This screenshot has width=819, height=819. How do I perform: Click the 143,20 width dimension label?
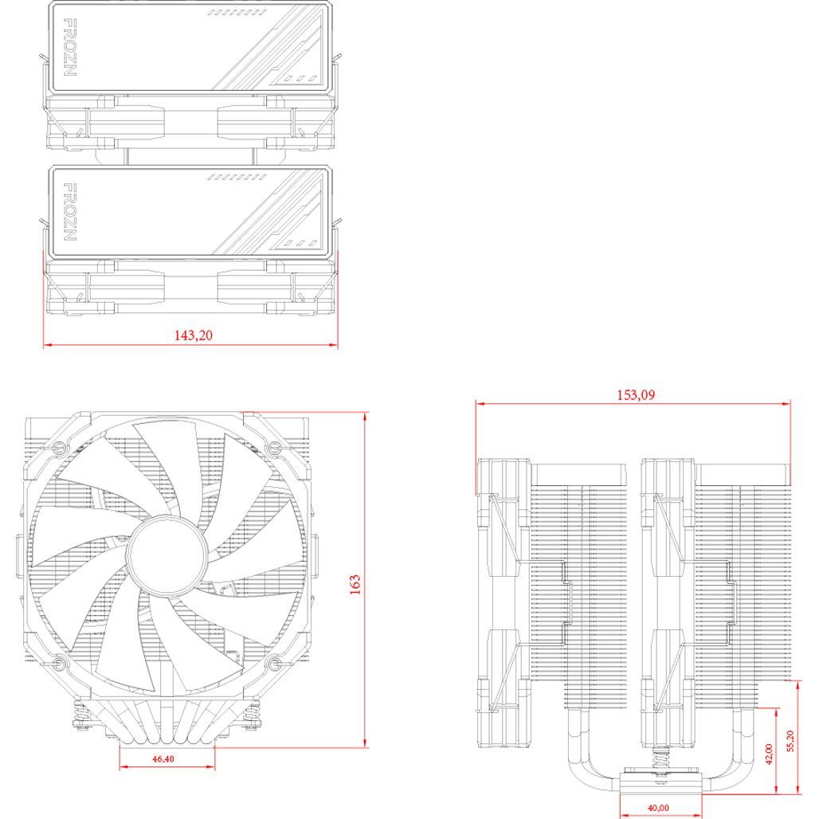point(194,335)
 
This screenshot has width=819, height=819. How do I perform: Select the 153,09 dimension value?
point(636,394)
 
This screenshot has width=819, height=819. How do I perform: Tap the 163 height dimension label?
point(355,585)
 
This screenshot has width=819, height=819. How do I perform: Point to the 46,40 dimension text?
point(163,759)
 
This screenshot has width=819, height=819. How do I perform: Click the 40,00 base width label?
point(658,808)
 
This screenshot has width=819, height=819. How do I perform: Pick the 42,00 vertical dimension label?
point(768,754)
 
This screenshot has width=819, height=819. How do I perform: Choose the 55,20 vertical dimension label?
point(790,741)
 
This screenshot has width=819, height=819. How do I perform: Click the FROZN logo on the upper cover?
point(69,48)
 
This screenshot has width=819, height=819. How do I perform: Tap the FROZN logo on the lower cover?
point(69,212)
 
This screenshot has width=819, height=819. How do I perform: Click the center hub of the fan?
point(166,554)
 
